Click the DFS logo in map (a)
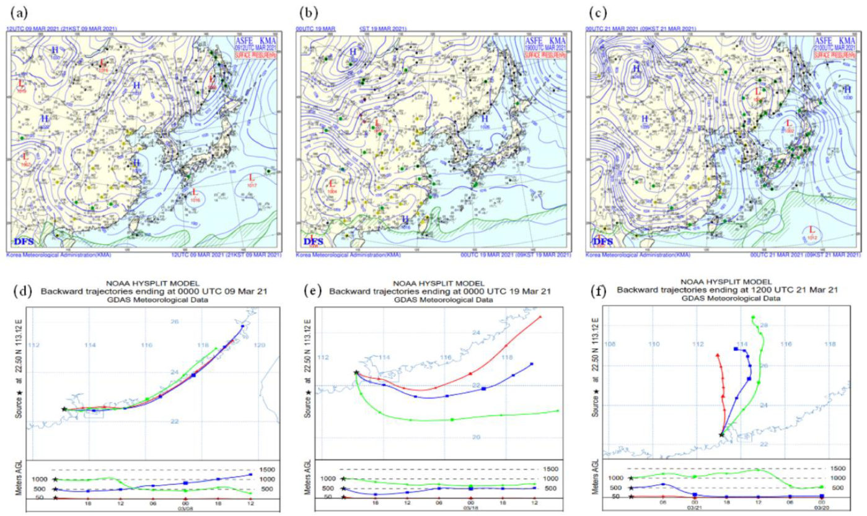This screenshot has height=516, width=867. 24,240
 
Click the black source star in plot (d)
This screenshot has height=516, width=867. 64,409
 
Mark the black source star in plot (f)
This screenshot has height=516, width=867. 721,434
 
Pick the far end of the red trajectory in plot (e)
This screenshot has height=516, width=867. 541,317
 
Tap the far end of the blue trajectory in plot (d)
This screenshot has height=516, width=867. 243,326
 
